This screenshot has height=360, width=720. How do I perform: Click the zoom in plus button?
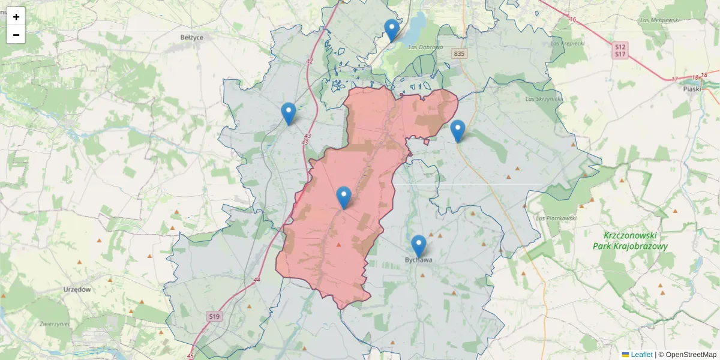pyautogui.click(x=16, y=17)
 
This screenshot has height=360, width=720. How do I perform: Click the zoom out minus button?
pyautogui.click(x=16, y=35)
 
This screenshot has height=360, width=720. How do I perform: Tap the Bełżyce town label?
pyautogui.click(x=192, y=37)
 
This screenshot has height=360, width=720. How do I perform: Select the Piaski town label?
pyautogui.click(x=692, y=88)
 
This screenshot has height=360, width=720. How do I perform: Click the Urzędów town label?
pyautogui.click(x=77, y=289)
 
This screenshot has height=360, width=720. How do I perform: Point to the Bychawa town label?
pyautogui.click(x=418, y=260)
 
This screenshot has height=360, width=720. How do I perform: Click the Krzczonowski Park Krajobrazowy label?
pyautogui.click(x=630, y=241)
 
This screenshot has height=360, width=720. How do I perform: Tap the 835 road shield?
pyautogui.click(x=459, y=54)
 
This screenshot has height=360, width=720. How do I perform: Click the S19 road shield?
pyautogui.click(x=214, y=316)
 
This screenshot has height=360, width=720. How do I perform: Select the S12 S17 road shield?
pyautogui.click(x=620, y=50)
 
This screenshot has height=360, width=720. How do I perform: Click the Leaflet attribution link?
pyautogui.click(x=641, y=355)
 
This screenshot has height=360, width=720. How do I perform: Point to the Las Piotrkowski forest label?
pyautogui.click(x=556, y=218)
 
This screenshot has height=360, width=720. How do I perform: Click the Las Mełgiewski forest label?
pyautogui.click(x=659, y=20)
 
